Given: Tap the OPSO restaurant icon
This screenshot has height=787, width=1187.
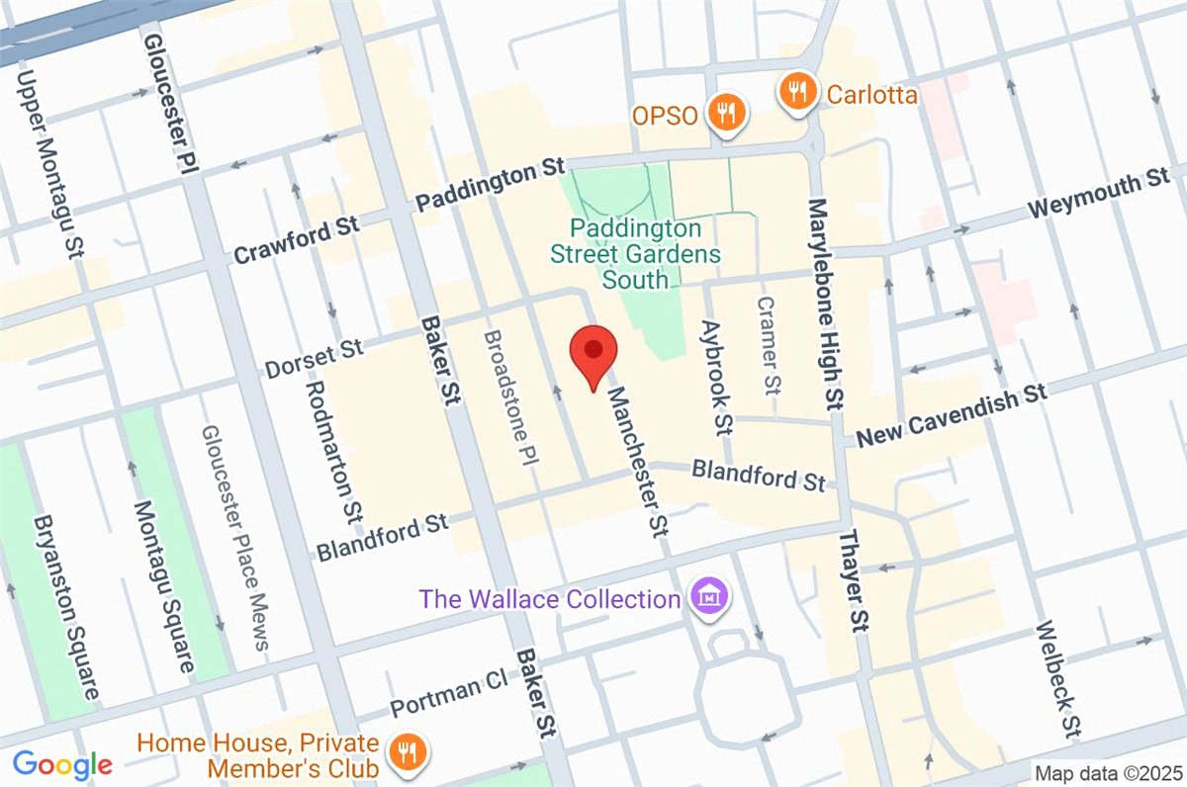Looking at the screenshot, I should click(x=727, y=113).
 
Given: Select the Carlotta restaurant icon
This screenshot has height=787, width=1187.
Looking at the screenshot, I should click(x=796, y=94).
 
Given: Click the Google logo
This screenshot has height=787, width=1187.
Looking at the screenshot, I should click(x=61, y=764).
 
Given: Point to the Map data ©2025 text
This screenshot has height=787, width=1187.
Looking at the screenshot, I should click(x=1108, y=772).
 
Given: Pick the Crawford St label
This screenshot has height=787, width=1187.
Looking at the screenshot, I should click(x=296, y=240).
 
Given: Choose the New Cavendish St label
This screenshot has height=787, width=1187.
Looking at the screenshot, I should click(x=951, y=416).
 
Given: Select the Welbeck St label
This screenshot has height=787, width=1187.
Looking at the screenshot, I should click(x=1056, y=679).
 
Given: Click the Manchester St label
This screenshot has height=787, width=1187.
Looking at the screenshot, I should click(x=637, y=462).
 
